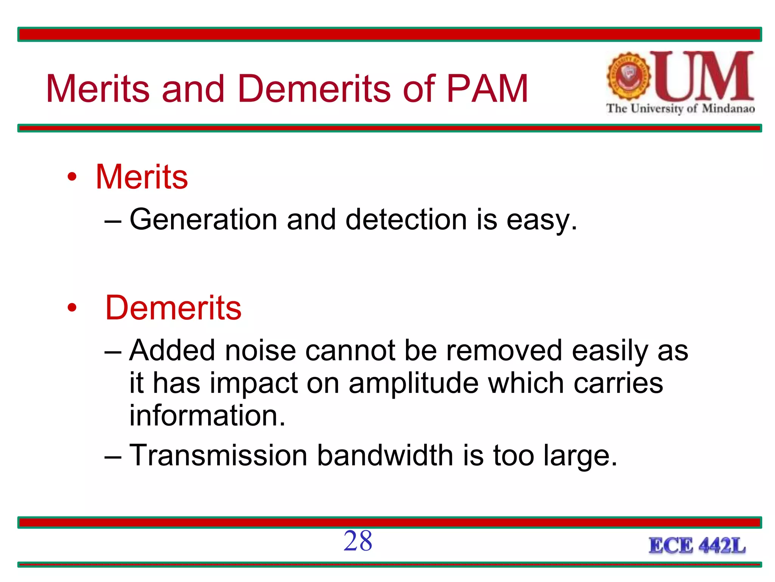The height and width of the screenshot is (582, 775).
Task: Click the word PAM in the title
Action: (487, 89)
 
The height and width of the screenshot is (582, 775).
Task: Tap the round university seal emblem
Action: (629, 77)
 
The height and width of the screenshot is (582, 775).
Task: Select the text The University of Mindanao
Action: (680, 109)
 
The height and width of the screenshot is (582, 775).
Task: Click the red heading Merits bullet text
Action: (142, 177)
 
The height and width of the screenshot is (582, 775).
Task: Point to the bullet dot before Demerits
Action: (72, 308)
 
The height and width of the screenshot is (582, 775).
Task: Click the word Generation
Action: (204, 220)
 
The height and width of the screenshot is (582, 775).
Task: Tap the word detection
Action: (406, 220)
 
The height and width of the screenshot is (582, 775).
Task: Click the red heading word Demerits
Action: (173, 308)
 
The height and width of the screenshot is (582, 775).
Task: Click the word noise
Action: (260, 350)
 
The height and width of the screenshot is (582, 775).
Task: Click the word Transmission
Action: (218, 455)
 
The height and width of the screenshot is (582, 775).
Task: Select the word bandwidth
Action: (385, 455)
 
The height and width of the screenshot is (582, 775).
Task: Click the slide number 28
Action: (358, 541)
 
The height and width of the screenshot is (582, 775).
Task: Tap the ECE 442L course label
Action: (697, 546)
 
